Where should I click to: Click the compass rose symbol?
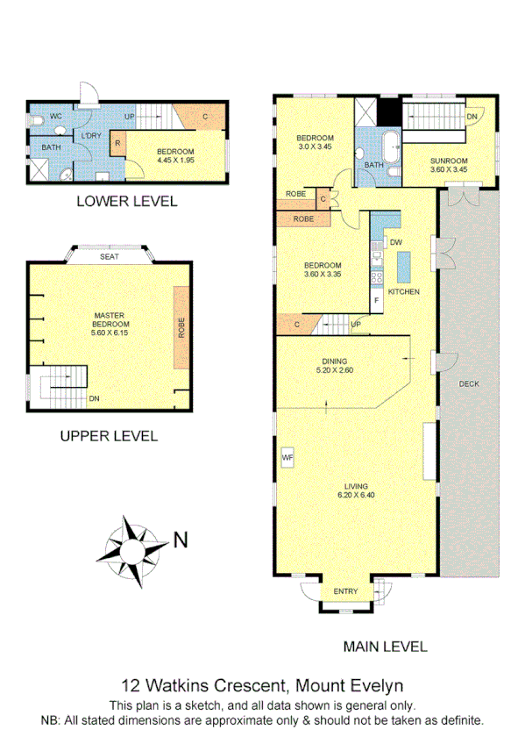tap(134, 551)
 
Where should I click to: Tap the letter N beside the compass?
tap(180, 540)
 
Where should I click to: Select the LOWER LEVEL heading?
tap(126, 201)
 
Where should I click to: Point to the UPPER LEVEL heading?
tap(108, 435)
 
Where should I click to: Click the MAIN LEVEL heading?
tap(385, 647)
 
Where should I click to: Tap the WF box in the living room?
tap(287, 457)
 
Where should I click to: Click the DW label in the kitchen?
tap(395, 242)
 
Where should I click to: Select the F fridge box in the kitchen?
tap(377, 300)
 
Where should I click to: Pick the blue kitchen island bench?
tap(404, 265)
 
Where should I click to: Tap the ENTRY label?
tap(344, 591)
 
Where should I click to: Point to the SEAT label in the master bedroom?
tap(109, 256)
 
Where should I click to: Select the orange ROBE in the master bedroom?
tap(181, 326)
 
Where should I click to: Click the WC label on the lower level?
tap(55, 116)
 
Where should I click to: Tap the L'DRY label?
tap(90, 136)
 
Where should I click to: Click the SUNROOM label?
tap(448, 161)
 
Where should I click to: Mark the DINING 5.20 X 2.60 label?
tap(334, 365)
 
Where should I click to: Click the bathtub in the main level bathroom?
tap(390, 144)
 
